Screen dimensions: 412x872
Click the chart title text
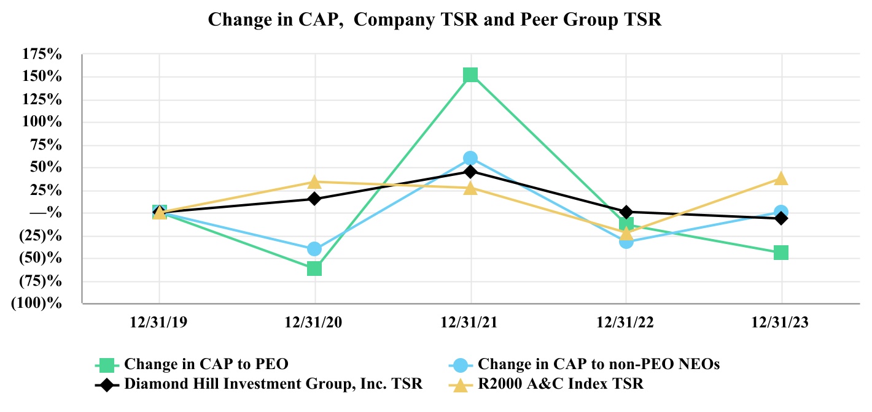435,19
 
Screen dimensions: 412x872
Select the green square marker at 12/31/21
470,75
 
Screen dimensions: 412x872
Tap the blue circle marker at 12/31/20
314,249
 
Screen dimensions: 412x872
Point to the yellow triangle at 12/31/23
781,178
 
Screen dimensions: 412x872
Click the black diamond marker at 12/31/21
470,171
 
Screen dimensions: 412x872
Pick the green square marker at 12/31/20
314,269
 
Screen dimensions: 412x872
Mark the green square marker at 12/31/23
781,253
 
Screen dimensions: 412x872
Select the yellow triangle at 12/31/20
314,181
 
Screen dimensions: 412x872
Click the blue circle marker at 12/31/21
470,158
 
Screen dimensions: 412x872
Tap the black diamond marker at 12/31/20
314,199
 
